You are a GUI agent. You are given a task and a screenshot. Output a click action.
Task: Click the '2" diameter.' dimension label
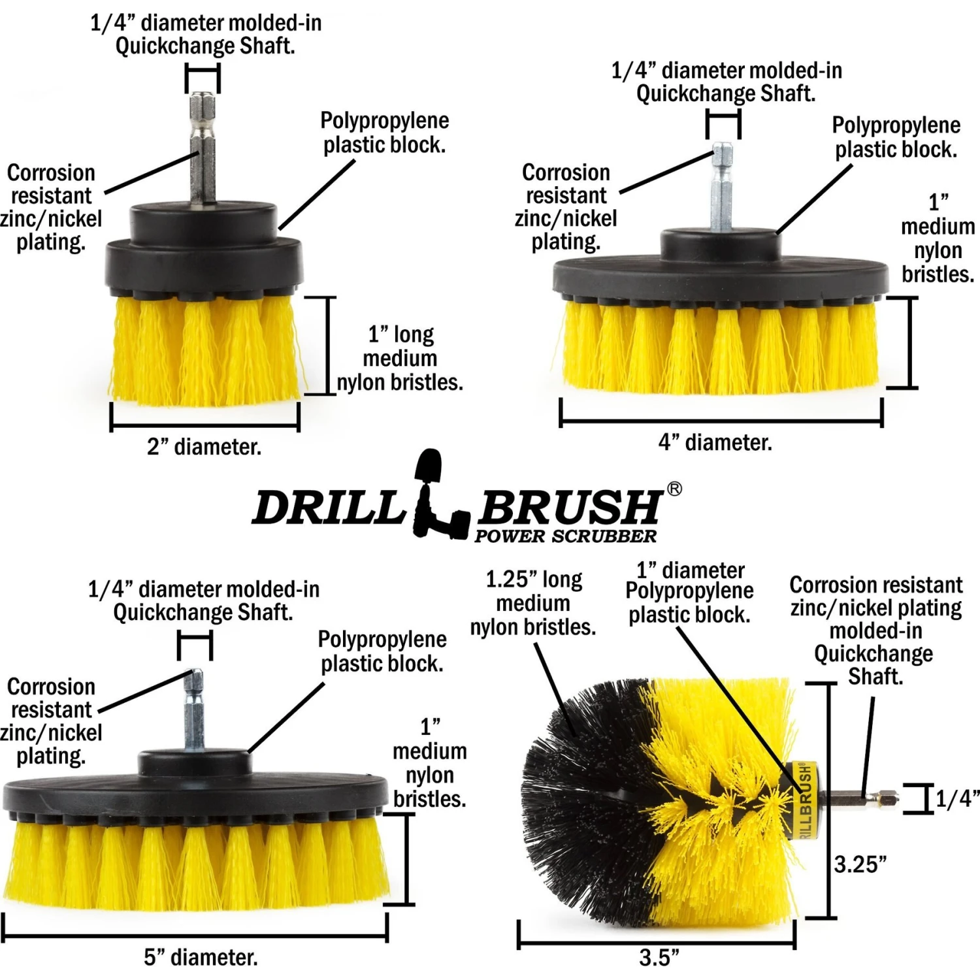pos(204,447)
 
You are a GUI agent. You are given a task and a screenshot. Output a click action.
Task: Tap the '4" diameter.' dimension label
pos(715,442)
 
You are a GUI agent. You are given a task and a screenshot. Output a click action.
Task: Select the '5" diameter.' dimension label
pos(201,957)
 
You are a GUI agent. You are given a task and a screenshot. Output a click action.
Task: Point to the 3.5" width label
pos(659,958)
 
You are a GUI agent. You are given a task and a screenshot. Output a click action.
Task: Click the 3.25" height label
pos(860,864)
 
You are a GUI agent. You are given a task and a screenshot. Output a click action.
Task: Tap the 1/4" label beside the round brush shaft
pos(957,798)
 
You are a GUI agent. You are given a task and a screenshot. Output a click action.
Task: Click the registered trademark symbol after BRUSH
pos(674,489)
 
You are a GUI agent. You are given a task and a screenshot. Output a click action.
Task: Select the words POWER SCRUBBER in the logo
pos(565,536)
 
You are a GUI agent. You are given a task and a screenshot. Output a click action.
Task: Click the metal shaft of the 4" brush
pos(722,189)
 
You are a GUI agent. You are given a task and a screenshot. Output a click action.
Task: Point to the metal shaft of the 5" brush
pos(194,712)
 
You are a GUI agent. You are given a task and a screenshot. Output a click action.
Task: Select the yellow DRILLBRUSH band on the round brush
pos(806,800)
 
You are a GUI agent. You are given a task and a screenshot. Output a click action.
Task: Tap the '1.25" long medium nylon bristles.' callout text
pos(533,603)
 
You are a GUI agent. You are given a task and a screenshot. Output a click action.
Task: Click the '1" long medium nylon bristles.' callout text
pos(400,358)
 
